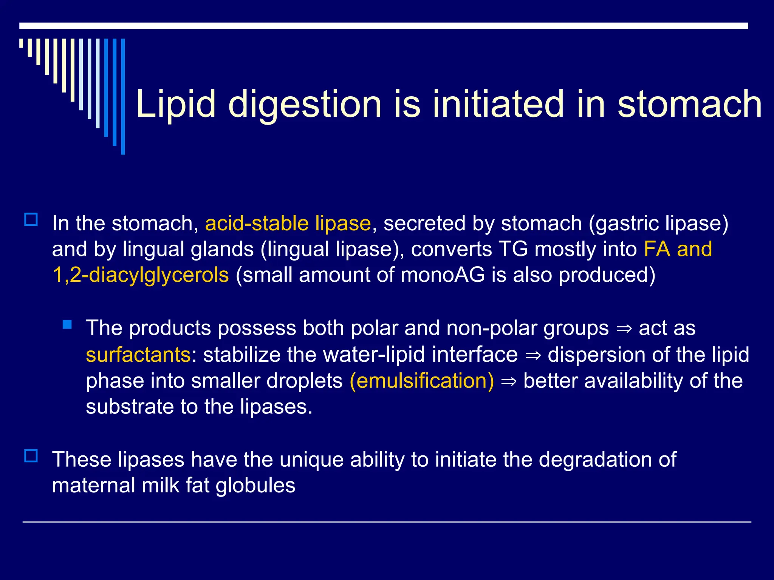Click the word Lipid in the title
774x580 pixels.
(x=175, y=104)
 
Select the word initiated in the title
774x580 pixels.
(x=498, y=104)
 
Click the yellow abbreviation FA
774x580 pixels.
(x=657, y=249)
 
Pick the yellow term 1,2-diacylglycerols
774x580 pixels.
(x=141, y=275)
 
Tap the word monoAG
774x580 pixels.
(x=443, y=275)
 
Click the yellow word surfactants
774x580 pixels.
(x=138, y=355)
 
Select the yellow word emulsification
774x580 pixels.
(x=422, y=381)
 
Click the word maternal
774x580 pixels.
(x=93, y=485)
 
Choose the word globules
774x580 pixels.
(x=255, y=485)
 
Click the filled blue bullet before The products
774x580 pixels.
(x=67, y=324)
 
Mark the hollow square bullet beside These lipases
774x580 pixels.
(x=31, y=456)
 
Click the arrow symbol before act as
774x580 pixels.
(x=624, y=329)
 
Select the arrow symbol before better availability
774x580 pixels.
(x=508, y=381)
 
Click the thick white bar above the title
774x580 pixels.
(x=384, y=26)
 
